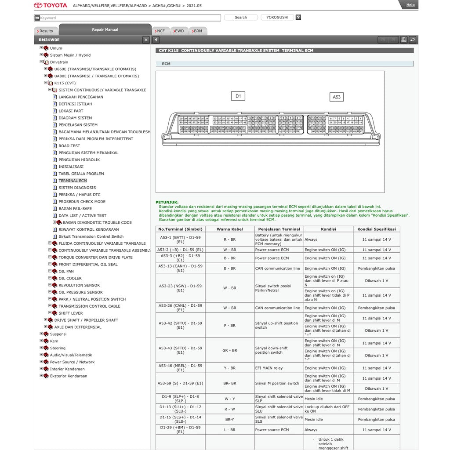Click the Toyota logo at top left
(x=51, y=5)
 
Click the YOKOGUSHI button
(x=277, y=18)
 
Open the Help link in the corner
(x=410, y=5)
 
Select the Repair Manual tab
(x=105, y=30)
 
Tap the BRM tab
(x=198, y=31)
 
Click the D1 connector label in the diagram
(x=238, y=96)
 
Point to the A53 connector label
(x=337, y=97)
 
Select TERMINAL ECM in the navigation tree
(x=73, y=181)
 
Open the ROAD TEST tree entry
(x=69, y=146)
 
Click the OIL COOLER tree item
(x=70, y=278)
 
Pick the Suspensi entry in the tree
(x=58, y=334)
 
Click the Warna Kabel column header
(x=229, y=229)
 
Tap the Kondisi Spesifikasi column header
(x=376, y=229)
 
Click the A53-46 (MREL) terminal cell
(x=180, y=368)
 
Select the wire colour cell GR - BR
(x=229, y=350)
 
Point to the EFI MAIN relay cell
(x=269, y=368)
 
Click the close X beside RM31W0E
(x=146, y=40)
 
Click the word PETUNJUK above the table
(x=167, y=202)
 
